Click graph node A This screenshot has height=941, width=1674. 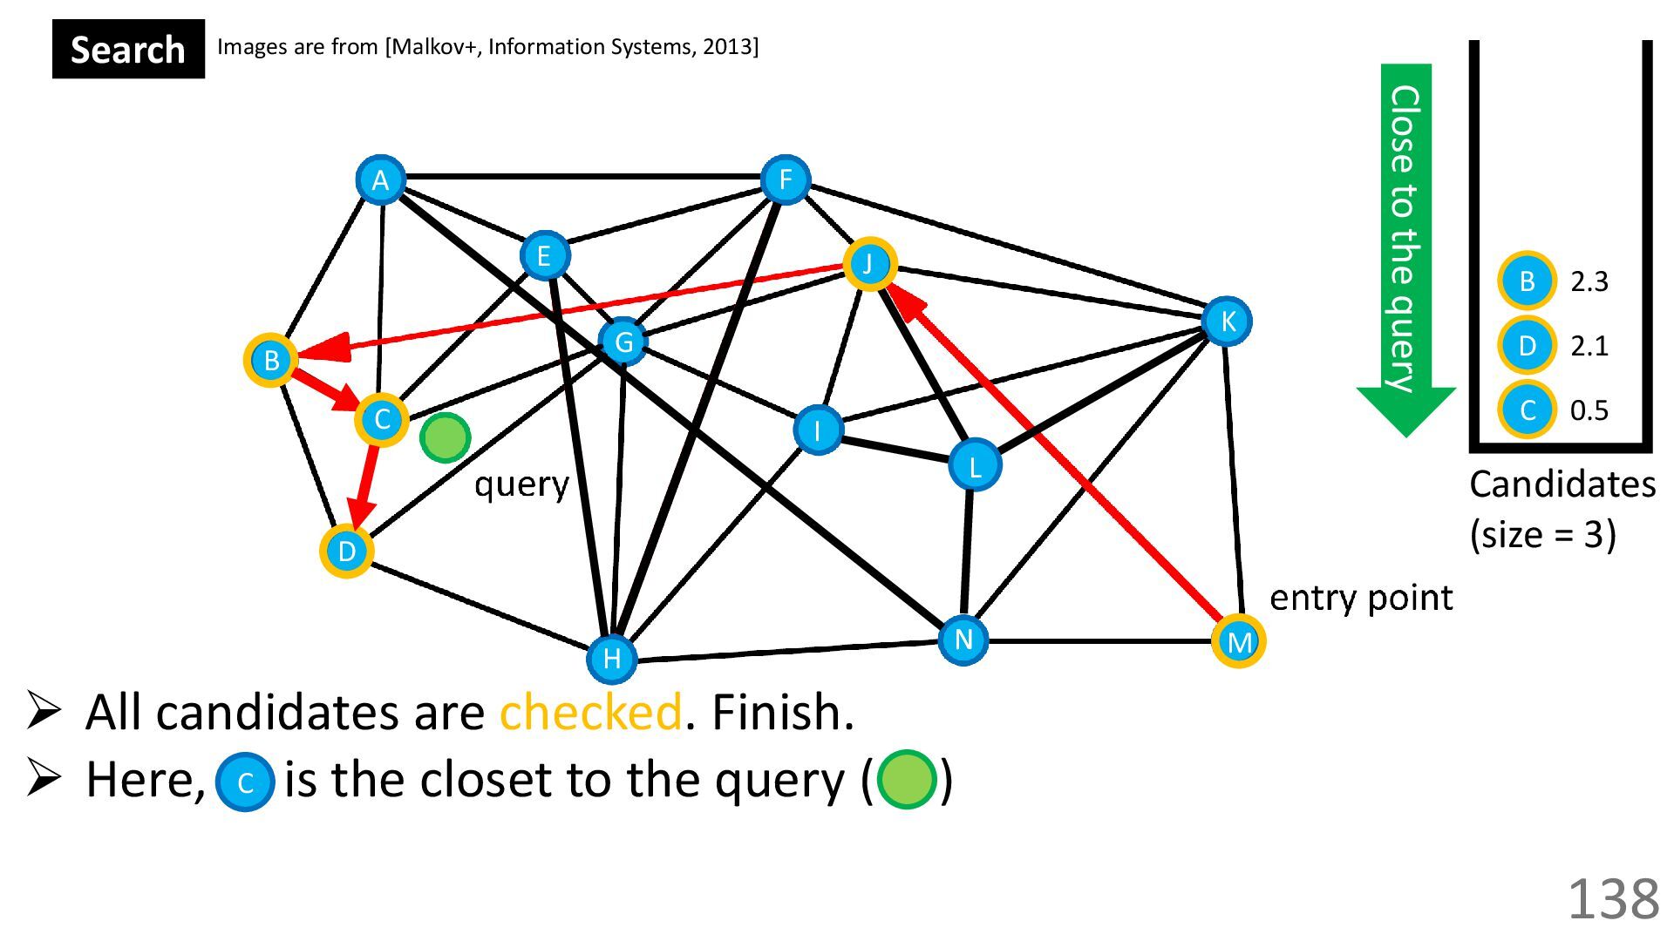[380, 180]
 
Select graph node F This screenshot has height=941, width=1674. [785, 180]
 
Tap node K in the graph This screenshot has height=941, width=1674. [1227, 322]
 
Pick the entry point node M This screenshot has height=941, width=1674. [1238, 641]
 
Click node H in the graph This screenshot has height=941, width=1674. [612, 658]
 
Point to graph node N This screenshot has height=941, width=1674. [963, 640]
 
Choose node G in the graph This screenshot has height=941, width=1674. [623, 342]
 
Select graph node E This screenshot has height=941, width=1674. [544, 255]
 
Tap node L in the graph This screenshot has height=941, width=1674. [974, 465]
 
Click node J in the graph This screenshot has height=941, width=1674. [869, 263]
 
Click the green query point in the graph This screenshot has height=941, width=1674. [445, 437]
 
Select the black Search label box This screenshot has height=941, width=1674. [128, 49]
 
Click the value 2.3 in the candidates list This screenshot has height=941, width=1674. [1589, 281]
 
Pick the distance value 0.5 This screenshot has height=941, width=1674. [1589, 410]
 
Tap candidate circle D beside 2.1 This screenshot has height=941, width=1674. [1527, 346]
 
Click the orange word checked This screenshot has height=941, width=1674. [590, 712]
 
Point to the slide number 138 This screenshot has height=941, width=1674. [1613, 898]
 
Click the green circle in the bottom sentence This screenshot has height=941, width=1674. [907, 780]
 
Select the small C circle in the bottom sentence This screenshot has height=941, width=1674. [245, 782]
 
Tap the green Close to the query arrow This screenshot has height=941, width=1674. [1405, 244]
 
